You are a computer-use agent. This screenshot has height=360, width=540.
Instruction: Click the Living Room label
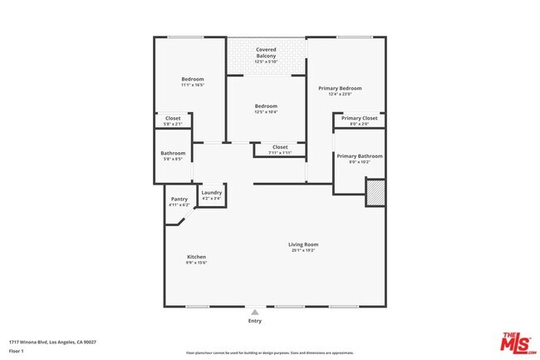(303, 244)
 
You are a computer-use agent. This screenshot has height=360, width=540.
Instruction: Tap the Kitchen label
(196, 257)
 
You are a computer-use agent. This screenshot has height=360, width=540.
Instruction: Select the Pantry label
(179, 199)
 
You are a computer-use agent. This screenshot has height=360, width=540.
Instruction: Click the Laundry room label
(212, 193)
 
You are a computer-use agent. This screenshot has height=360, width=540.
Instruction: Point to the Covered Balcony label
(266, 52)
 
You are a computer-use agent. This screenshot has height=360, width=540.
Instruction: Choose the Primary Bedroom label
(345, 87)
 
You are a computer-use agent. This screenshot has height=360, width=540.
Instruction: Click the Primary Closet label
(360, 118)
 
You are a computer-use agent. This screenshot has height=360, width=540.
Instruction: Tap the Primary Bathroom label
(360, 156)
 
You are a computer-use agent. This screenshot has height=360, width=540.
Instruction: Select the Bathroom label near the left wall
(173, 153)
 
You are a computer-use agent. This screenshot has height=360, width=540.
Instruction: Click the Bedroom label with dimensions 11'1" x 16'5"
(193, 79)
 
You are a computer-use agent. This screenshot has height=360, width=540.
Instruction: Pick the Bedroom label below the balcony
(266, 106)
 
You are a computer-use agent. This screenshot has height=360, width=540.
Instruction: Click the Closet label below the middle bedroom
(280, 147)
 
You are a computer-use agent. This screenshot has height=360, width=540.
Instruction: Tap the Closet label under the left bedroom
(173, 118)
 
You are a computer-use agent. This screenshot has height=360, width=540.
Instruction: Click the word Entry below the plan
(254, 320)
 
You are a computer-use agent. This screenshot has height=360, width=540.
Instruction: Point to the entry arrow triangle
(254, 311)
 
